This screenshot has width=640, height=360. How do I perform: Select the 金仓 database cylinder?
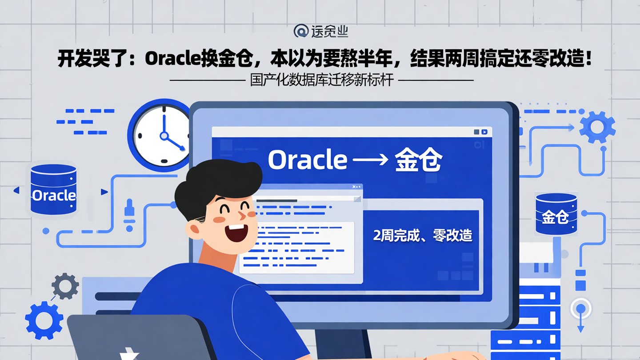click(x=556, y=214)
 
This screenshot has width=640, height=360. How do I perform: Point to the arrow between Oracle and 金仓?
click(x=368, y=160)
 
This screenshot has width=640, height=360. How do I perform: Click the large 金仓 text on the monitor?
click(x=418, y=160)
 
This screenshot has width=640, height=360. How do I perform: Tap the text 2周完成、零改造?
click(x=422, y=236)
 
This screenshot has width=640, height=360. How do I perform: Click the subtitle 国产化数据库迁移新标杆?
click(x=322, y=80)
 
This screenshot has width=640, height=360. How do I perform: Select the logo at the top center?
click(x=320, y=31)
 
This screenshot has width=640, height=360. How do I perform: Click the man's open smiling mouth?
click(x=236, y=232)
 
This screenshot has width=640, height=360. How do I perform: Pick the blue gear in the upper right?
click(x=597, y=128)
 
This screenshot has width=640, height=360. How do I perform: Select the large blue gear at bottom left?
click(x=44, y=320)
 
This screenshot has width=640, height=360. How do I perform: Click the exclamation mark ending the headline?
click(x=589, y=59)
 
